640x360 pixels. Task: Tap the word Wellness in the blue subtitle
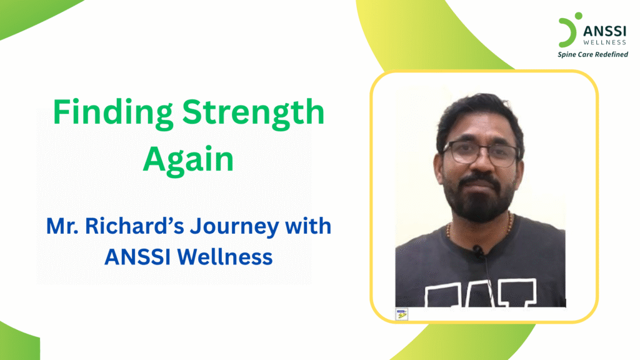232,257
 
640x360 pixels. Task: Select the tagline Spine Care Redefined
592,54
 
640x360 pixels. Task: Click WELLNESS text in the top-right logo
604,42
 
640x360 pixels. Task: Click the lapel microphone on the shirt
478,252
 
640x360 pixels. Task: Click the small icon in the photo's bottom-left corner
402,314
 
